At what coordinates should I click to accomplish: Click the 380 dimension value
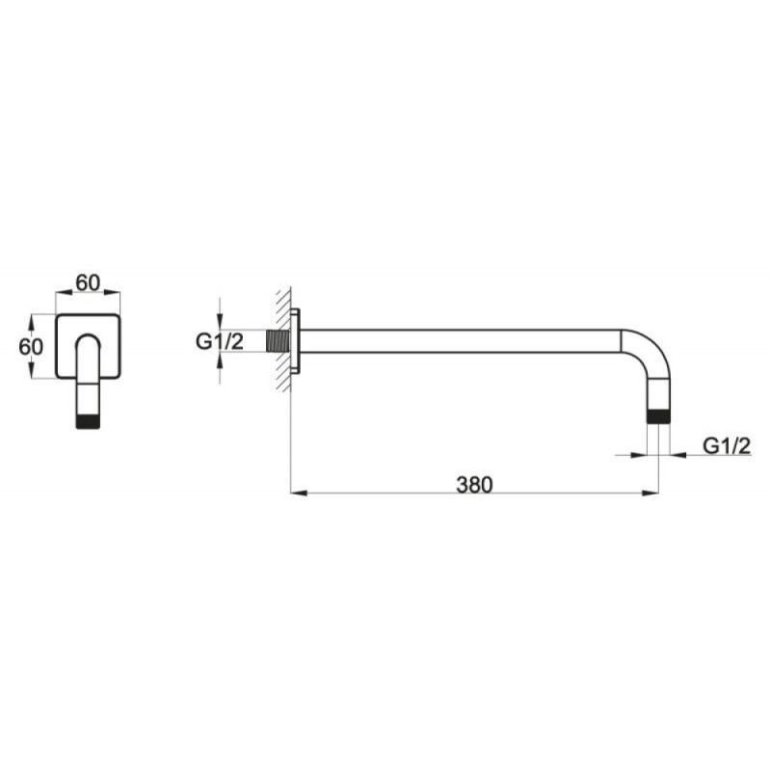[x=474, y=485]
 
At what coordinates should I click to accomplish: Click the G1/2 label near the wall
[x=220, y=341]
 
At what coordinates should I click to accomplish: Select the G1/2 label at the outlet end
[x=727, y=446]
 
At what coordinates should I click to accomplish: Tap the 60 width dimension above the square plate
[x=88, y=282]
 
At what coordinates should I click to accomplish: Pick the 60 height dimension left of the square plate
[x=31, y=347]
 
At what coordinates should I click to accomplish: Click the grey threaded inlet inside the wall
[x=278, y=341]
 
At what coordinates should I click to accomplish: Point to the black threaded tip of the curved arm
[x=658, y=416]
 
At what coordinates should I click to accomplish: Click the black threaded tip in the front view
[x=88, y=422]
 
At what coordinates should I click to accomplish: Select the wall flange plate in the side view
[x=295, y=341]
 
